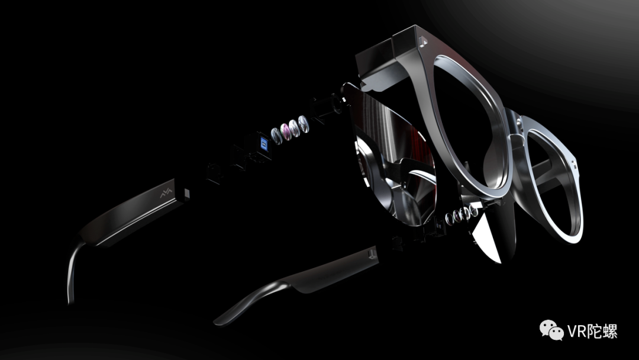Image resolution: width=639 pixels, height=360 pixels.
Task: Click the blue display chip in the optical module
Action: click(264, 144)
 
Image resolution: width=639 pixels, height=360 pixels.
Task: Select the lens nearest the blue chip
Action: click(276, 136)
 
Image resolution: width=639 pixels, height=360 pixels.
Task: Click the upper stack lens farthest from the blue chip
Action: click(303, 124)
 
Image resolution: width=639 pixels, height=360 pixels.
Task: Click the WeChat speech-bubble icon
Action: click(551, 329)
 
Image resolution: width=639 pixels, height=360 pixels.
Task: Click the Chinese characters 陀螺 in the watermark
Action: click(603, 331)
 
